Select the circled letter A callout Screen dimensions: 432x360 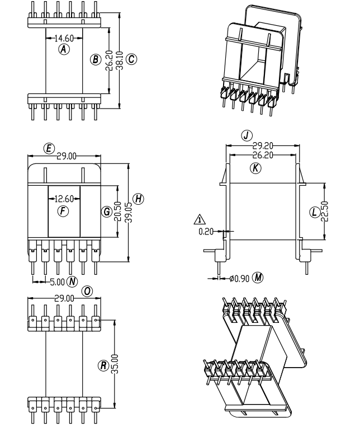coord(64,49)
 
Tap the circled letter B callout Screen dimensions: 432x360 coord(96,59)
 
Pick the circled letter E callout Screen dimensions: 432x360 coord(49,148)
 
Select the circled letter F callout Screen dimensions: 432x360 coord(63,211)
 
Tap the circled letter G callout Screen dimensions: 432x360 coord(106,212)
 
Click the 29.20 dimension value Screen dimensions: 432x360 coord(262,145)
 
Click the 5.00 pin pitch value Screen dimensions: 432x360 coord(56,280)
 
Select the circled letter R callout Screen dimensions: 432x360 coord(103,365)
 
